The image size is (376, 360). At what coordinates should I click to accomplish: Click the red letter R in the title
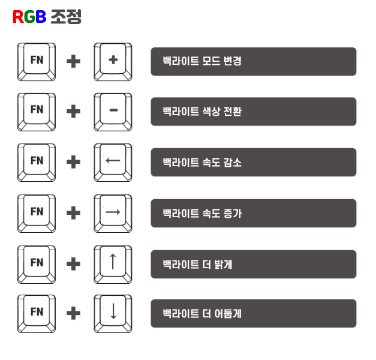(18, 17)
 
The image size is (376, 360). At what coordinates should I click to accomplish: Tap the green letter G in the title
(29, 17)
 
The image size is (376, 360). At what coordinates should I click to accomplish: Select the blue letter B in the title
(41, 17)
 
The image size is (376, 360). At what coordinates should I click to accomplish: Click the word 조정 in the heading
(65, 17)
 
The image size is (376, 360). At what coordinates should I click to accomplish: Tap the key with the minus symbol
(113, 110)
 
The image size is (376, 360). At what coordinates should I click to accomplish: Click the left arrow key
(113, 161)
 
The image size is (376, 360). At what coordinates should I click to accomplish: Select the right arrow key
(113, 212)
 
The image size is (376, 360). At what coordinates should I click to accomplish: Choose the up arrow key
(113, 262)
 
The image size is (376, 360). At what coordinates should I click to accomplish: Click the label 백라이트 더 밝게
(197, 263)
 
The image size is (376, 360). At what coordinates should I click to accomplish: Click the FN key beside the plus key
(37, 61)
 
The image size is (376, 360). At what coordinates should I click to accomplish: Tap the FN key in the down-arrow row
(37, 312)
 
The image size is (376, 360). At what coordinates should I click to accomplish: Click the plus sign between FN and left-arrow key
(74, 162)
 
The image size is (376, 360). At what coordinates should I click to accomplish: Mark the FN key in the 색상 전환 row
(37, 110)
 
